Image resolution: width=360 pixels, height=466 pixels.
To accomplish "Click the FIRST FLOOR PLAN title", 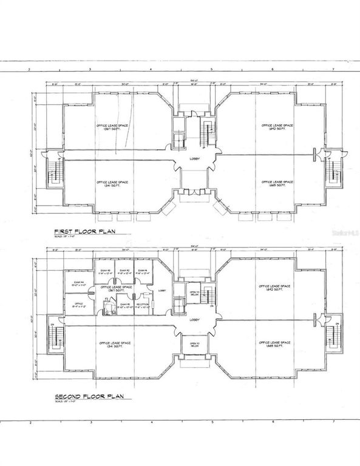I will pyautogui.click(x=84, y=231).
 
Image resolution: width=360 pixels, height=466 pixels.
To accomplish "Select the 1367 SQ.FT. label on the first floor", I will pyautogui.click(x=114, y=129).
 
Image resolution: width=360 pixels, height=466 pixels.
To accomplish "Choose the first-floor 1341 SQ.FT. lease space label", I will pyautogui.click(x=114, y=185).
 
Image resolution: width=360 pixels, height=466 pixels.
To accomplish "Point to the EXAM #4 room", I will pyautogui.click(x=78, y=284).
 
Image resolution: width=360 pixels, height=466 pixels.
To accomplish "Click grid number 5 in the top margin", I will pyautogui.click(x=212, y=70).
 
